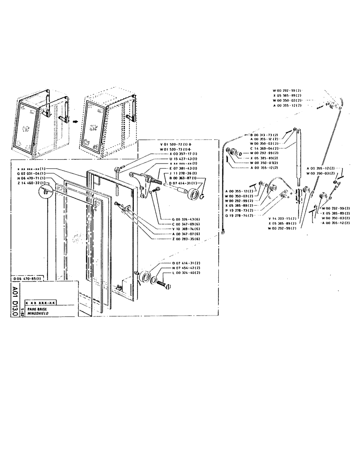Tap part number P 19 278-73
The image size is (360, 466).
(240, 210)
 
